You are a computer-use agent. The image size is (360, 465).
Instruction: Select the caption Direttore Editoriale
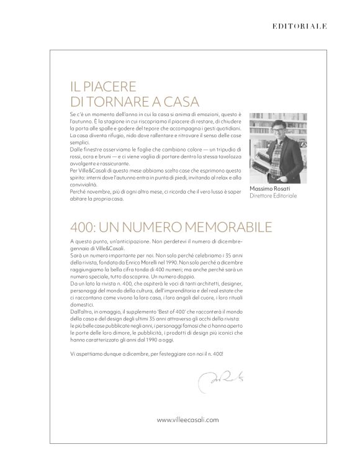pyautogui.click(x=273, y=196)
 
